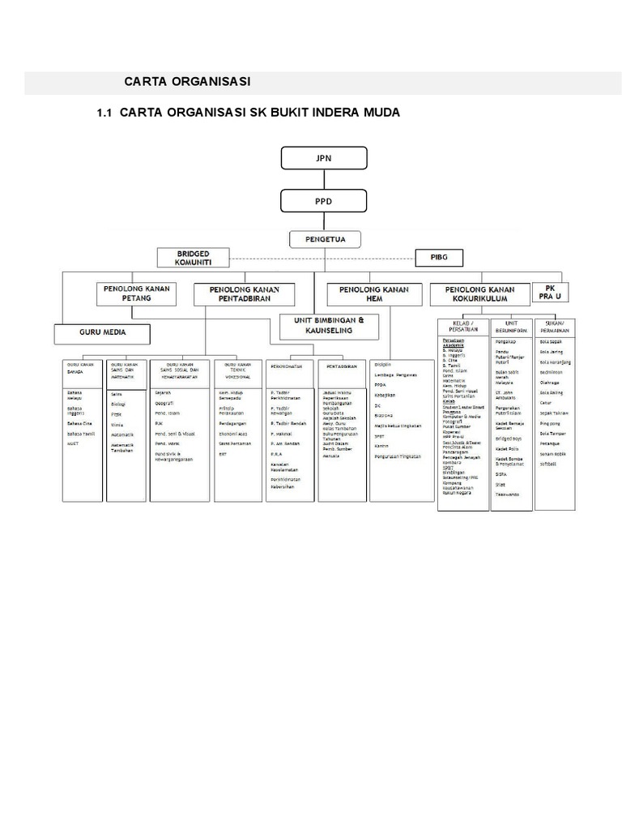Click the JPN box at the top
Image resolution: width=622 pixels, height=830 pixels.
pos(324,158)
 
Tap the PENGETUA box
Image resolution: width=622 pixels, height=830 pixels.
pos(323,238)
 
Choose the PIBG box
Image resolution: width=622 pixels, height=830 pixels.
pos(450,258)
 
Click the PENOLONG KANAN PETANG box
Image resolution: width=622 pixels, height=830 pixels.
pos(135,293)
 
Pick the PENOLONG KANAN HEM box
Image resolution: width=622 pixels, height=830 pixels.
pos(373,294)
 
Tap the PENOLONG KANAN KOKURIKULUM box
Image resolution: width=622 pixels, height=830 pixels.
pos(479,293)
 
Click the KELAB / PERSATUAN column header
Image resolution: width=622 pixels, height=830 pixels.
pos(462,327)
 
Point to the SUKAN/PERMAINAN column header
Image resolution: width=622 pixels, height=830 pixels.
pos(555,327)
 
